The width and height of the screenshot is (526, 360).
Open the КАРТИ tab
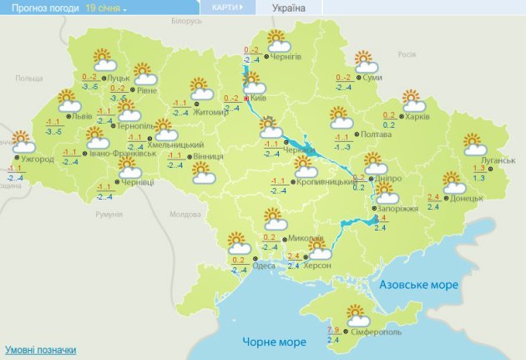pos(227,8)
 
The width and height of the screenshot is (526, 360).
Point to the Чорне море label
pos(275,342)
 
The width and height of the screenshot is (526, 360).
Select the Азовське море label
pos(419,285)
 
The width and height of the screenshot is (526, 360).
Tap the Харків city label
pos(417,117)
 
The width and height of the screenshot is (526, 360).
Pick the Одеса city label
pos(264,266)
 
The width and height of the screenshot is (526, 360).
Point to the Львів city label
pos(82,117)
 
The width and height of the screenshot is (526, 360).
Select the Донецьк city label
pos(466,198)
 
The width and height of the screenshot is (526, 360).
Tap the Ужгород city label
pos(38,159)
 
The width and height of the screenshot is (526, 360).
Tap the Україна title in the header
pos(289,8)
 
